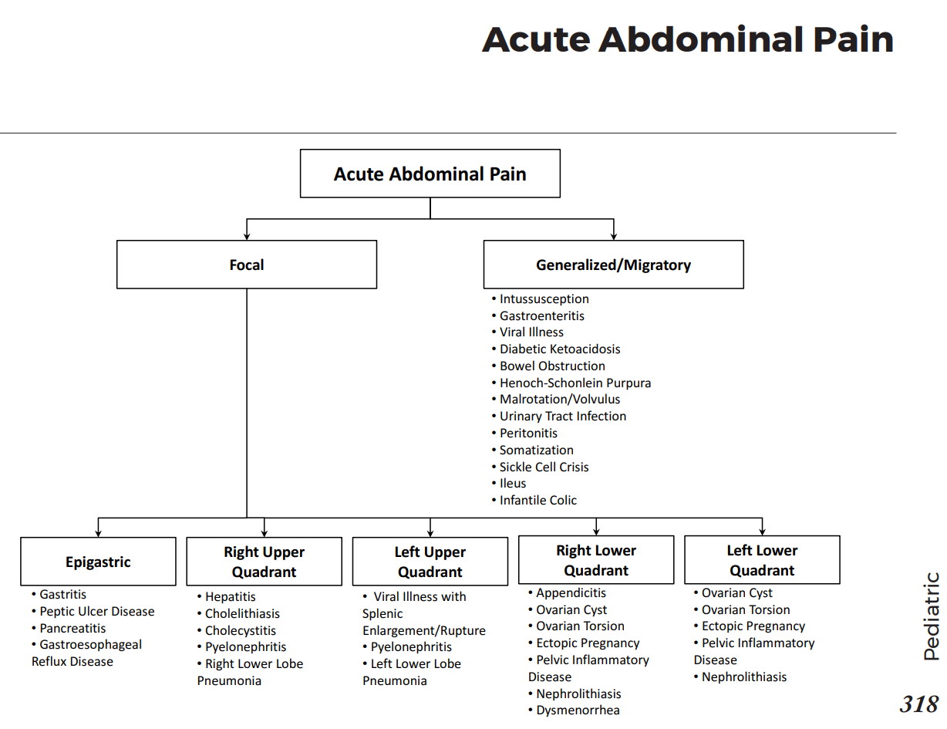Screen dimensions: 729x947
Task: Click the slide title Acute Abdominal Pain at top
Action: (x=687, y=39)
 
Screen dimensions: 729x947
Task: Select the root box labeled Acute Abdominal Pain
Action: (x=430, y=174)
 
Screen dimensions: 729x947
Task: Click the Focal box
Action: (x=247, y=265)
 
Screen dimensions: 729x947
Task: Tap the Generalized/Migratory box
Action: (x=613, y=265)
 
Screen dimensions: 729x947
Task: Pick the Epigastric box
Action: (x=98, y=562)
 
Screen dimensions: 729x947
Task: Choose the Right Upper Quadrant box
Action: (x=264, y=562)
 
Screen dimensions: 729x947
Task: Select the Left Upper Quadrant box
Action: (x=430, y=562)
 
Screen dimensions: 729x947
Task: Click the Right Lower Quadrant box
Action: (x=596, y=560)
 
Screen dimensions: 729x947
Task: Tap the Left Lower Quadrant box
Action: (x=762, y=560)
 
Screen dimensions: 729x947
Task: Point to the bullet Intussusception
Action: (x=544, y=299)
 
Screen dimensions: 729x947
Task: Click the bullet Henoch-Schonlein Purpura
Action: (x=575, y=383)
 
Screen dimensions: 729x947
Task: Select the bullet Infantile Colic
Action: (x=538, y=500)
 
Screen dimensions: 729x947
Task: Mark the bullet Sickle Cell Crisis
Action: (x=544, y=467)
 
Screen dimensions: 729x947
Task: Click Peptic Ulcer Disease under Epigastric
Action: (x=96, y=611)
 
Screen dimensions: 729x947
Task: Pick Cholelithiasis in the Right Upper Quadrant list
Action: (x=242, y=613)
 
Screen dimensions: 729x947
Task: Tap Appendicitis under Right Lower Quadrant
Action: (x=571, y=592)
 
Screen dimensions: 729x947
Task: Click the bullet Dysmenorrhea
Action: (x=578, y=710)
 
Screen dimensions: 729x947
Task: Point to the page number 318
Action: (x=918, y=704)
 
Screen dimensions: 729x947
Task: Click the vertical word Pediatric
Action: (x=932, y=616)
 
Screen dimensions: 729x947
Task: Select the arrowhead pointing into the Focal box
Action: (x=247, y=235)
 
